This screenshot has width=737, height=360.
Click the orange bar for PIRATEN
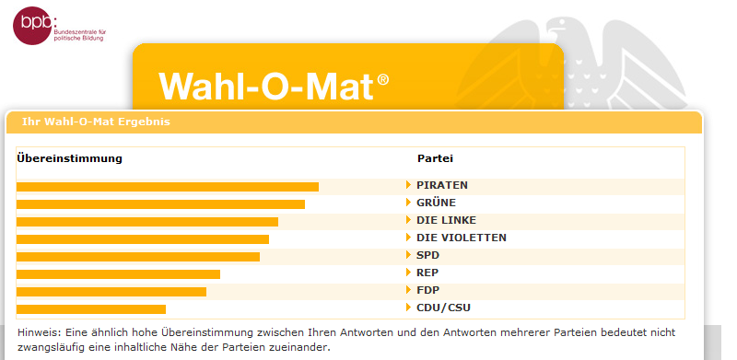coord(168,187)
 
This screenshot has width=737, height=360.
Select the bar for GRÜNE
coord(160,204)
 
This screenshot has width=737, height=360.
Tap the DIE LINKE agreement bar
coord(147,221)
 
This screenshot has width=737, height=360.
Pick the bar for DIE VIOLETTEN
coord(143,239)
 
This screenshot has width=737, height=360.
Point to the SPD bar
coord(138,257)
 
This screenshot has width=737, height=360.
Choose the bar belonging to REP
coord(118,274)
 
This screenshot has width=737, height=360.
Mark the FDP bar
coord(111,291)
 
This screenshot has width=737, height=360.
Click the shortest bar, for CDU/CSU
coord(91,309)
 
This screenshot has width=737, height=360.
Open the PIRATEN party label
coord(442,185)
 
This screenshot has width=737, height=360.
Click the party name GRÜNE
coord(436,203)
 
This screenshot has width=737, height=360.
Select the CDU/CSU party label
coord(443,308)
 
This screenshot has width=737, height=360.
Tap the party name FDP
coord(427,290)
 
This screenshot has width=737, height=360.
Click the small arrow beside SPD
coord(408,255)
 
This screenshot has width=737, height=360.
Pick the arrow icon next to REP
coord(408,273)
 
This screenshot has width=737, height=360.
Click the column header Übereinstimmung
coord(70,158)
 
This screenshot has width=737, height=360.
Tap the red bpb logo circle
coord(32,26)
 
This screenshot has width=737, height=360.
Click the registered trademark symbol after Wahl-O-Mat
coord(383,80)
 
